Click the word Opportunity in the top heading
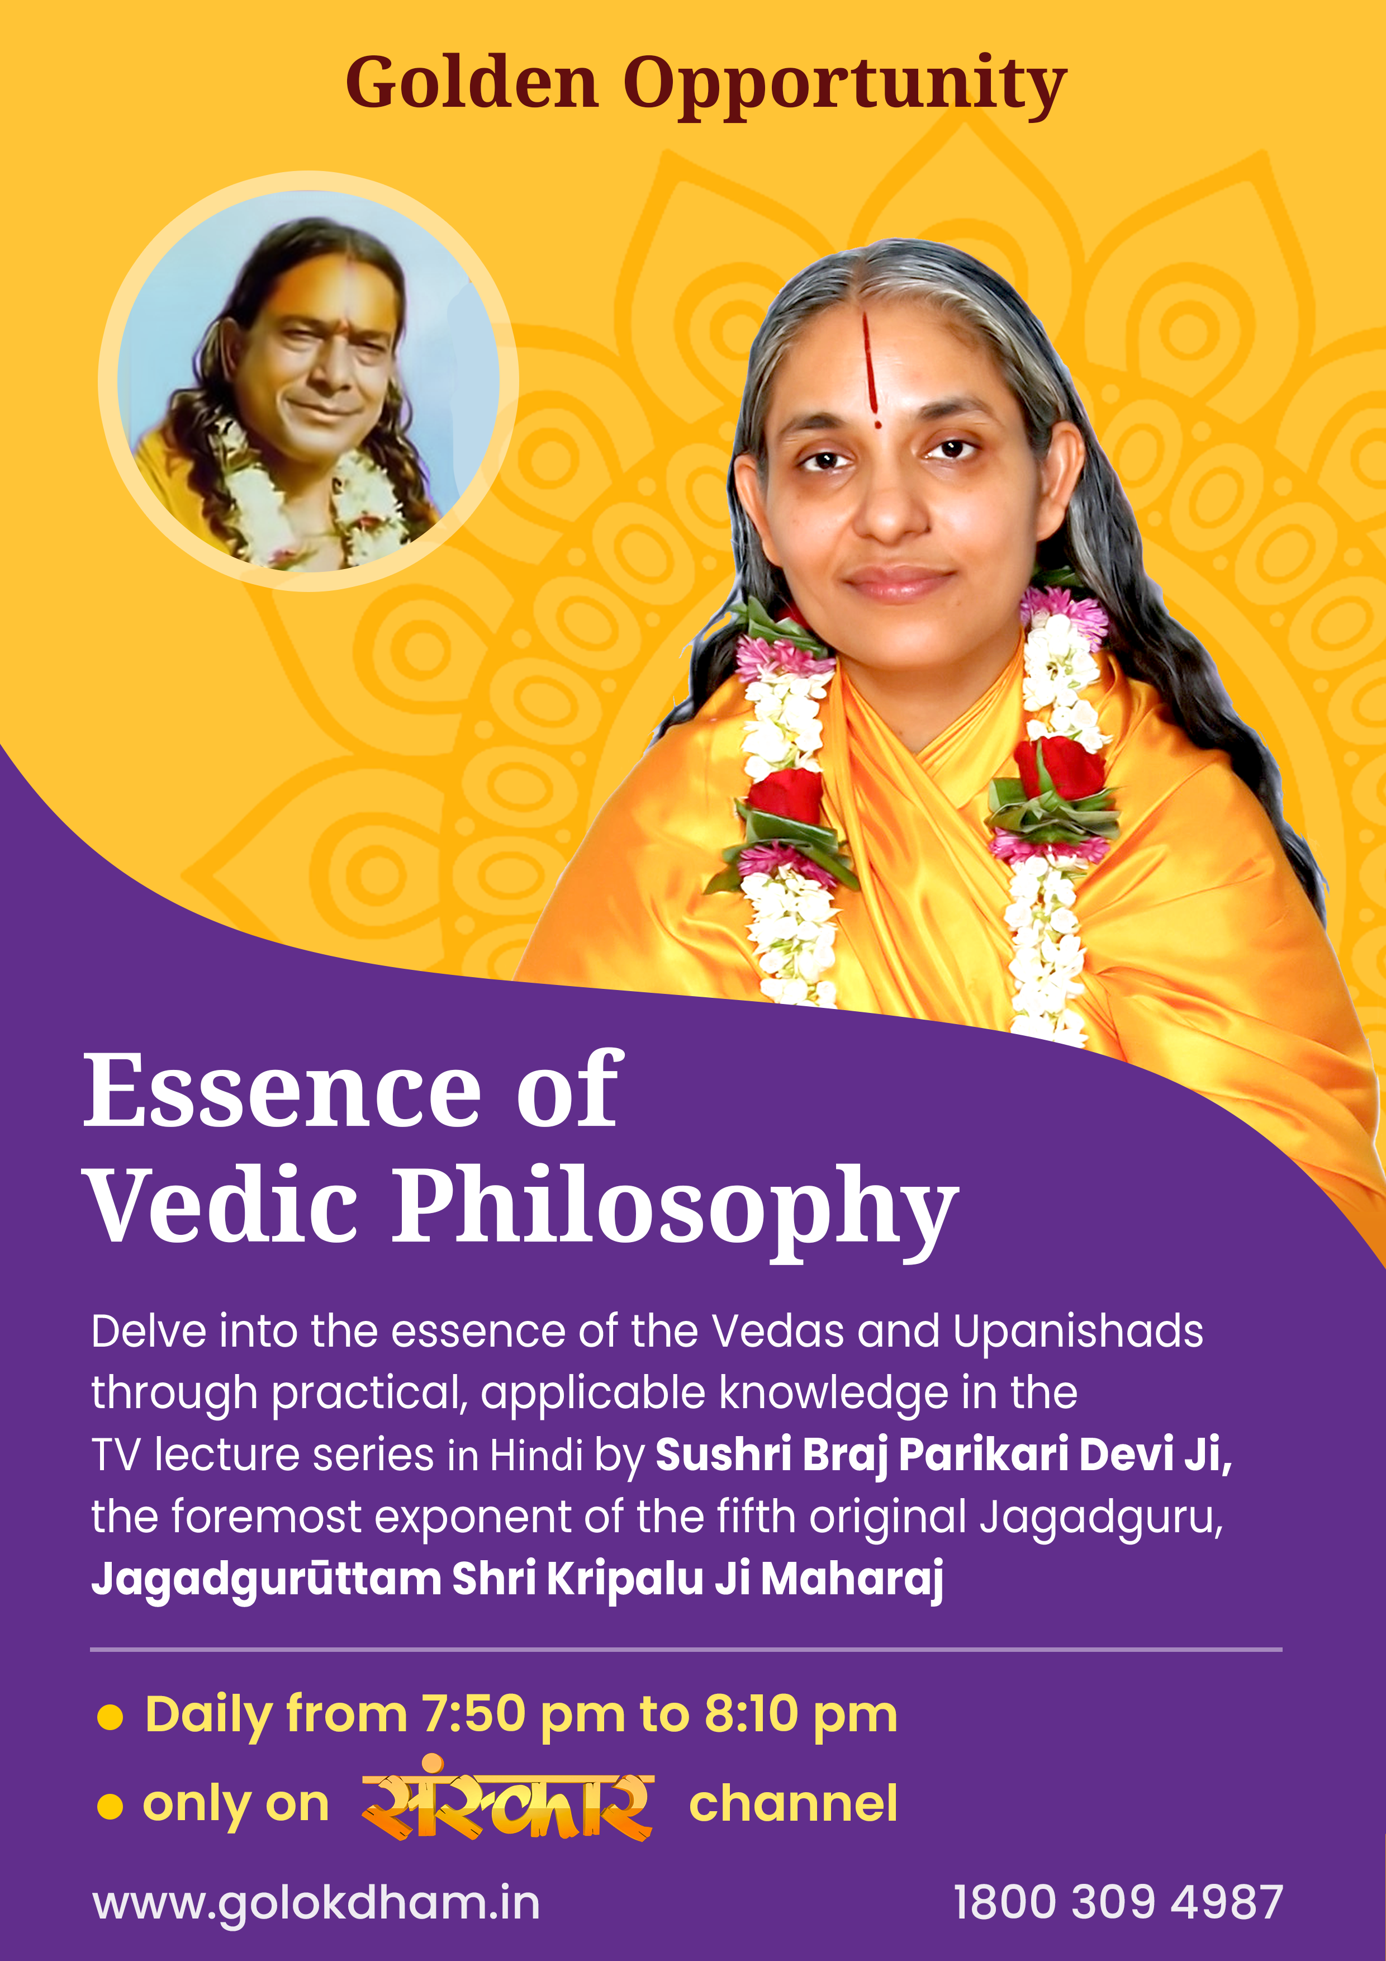point(844,88)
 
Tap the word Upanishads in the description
point(1078,1332)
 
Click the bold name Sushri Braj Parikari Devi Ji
point(943,1455)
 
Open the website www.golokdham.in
point(316,1904)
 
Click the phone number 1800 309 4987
point(1118,1902)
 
